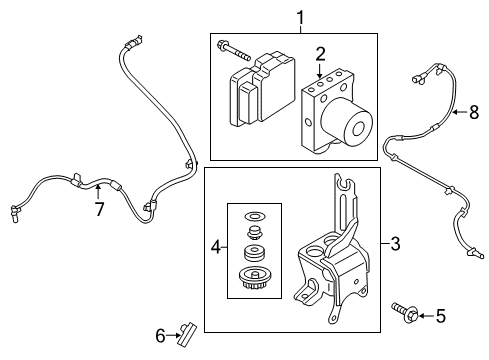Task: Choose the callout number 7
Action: tap(98, 209)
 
